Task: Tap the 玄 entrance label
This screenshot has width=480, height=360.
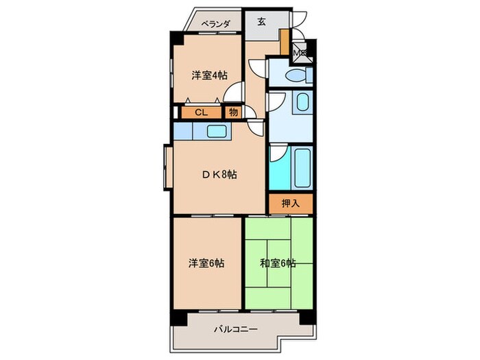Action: (x=262, y=21)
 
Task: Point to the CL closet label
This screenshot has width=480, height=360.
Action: (x=202, y=112)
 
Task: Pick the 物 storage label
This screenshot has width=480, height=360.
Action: (x=233, y=112)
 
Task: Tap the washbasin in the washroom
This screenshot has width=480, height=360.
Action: (x=302, y=105)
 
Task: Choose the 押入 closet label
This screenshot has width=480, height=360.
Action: (x=291, y=204)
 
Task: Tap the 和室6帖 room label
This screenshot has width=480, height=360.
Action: (x=278, y=263)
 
